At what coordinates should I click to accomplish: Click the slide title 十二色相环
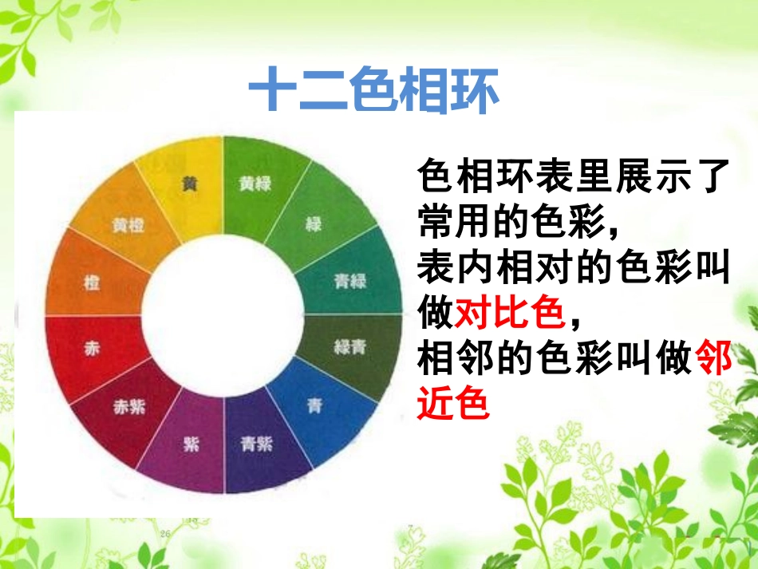coord(373,92)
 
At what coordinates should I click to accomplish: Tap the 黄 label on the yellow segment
coord(189,184)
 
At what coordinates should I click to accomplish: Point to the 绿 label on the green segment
coord(314,224)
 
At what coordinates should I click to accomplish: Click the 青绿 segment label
coord(349,282)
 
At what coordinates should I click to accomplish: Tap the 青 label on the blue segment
coord(315,405)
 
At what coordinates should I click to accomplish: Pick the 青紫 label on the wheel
coord(257,444)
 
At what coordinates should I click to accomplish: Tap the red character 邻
coord(713,361)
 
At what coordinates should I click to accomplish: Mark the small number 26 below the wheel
coord(166,534)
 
